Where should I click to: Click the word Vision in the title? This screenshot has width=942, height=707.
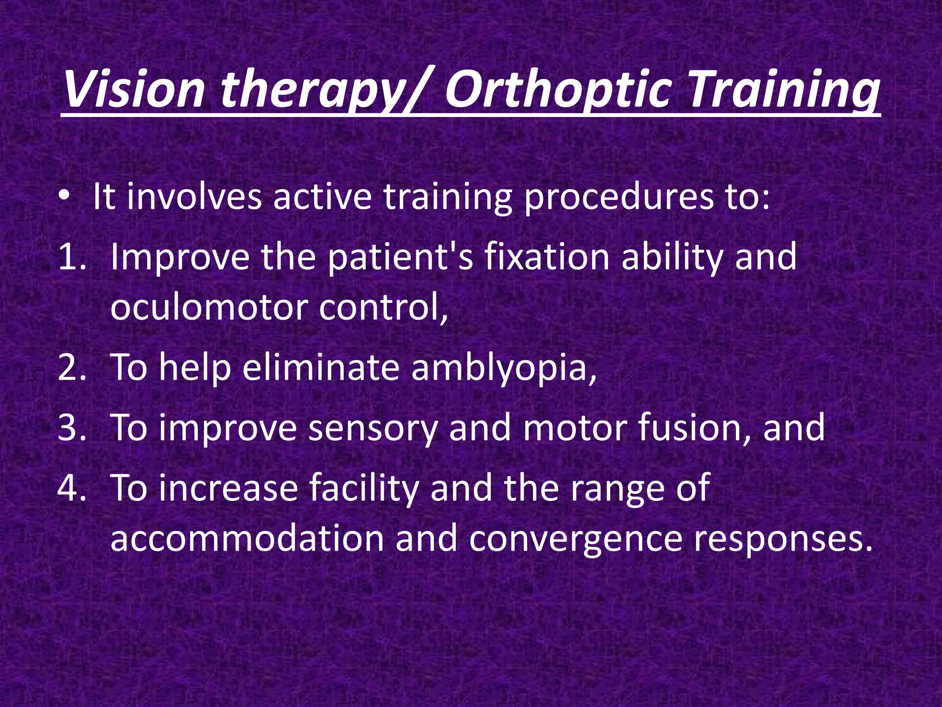[133, 90]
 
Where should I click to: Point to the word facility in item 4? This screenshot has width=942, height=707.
[363, 488]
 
